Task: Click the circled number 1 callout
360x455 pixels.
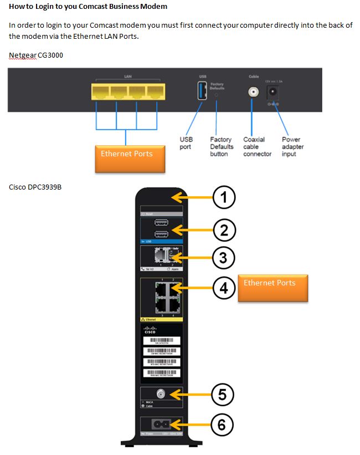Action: coord(224,197)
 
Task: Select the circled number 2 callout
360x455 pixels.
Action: coord(224,229)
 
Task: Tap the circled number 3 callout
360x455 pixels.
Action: coord(224,257)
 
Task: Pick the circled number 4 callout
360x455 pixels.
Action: coord(224,287)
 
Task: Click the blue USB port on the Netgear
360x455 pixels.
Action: coord(202,91)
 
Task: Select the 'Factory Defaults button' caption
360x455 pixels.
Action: coord(222,147)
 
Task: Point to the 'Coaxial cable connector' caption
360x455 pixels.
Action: coord(257,147)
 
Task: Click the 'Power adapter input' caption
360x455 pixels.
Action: coord(292,147)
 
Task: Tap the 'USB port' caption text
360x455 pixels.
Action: coord(187,143)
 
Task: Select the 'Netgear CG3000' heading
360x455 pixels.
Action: coord(32,55)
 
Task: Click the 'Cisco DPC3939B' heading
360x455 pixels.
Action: coord(35,187)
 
